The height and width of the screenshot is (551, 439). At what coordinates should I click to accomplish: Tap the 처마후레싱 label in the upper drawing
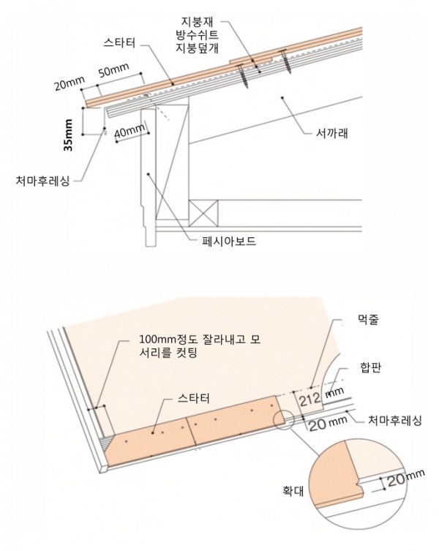[43, 179]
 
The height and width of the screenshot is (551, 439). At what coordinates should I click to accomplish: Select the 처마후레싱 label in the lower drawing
[394, 419]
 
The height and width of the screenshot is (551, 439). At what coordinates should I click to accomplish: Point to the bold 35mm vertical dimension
[68, 135]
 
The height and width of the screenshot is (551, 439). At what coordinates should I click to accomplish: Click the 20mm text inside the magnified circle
[405, 479]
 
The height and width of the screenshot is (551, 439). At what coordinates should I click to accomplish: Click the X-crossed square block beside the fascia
[204, 214]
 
